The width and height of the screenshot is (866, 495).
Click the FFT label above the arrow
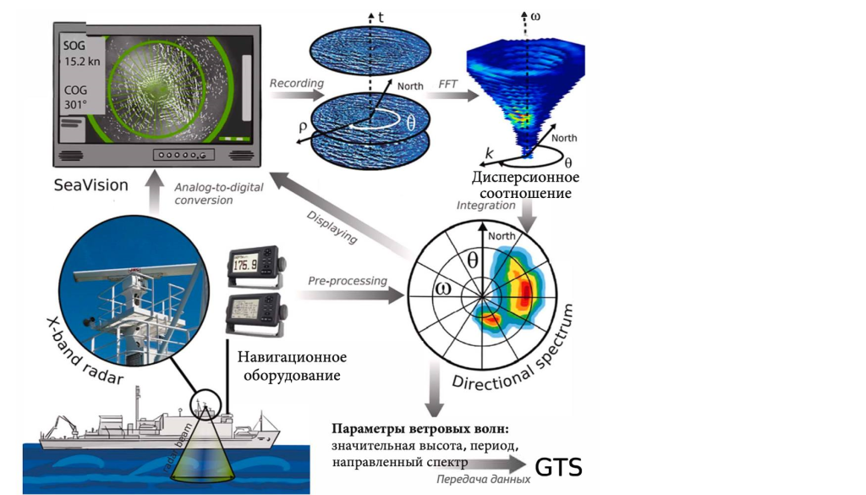coord(449,84)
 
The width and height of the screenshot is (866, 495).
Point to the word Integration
coord(485,205)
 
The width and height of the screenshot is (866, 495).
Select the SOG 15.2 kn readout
coord(79,52)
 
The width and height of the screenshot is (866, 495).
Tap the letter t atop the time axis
coord(381,15)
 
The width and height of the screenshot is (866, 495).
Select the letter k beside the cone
coord(489,152)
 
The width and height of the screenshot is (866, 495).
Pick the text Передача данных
coord(484,479)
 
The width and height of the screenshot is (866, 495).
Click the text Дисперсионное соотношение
coord(526,185)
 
